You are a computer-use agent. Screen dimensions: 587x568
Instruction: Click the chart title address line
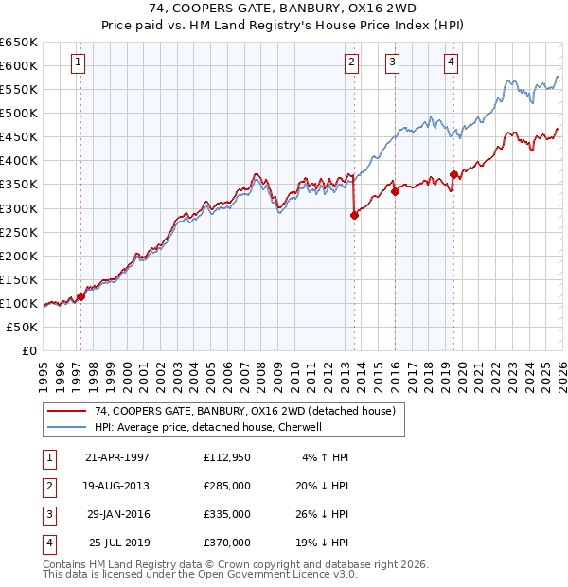283,9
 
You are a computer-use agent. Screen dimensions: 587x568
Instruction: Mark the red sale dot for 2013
354,215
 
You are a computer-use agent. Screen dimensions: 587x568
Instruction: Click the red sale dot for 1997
81,296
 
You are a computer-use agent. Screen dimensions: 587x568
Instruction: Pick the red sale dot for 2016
395,191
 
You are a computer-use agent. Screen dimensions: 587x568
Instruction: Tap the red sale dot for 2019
454,174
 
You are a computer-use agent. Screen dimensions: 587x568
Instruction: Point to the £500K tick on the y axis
20,113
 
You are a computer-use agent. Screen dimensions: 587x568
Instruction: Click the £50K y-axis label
23,327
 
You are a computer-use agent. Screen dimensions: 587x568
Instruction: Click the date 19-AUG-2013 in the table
116,485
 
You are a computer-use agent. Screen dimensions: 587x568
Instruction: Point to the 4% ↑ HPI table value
325,456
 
